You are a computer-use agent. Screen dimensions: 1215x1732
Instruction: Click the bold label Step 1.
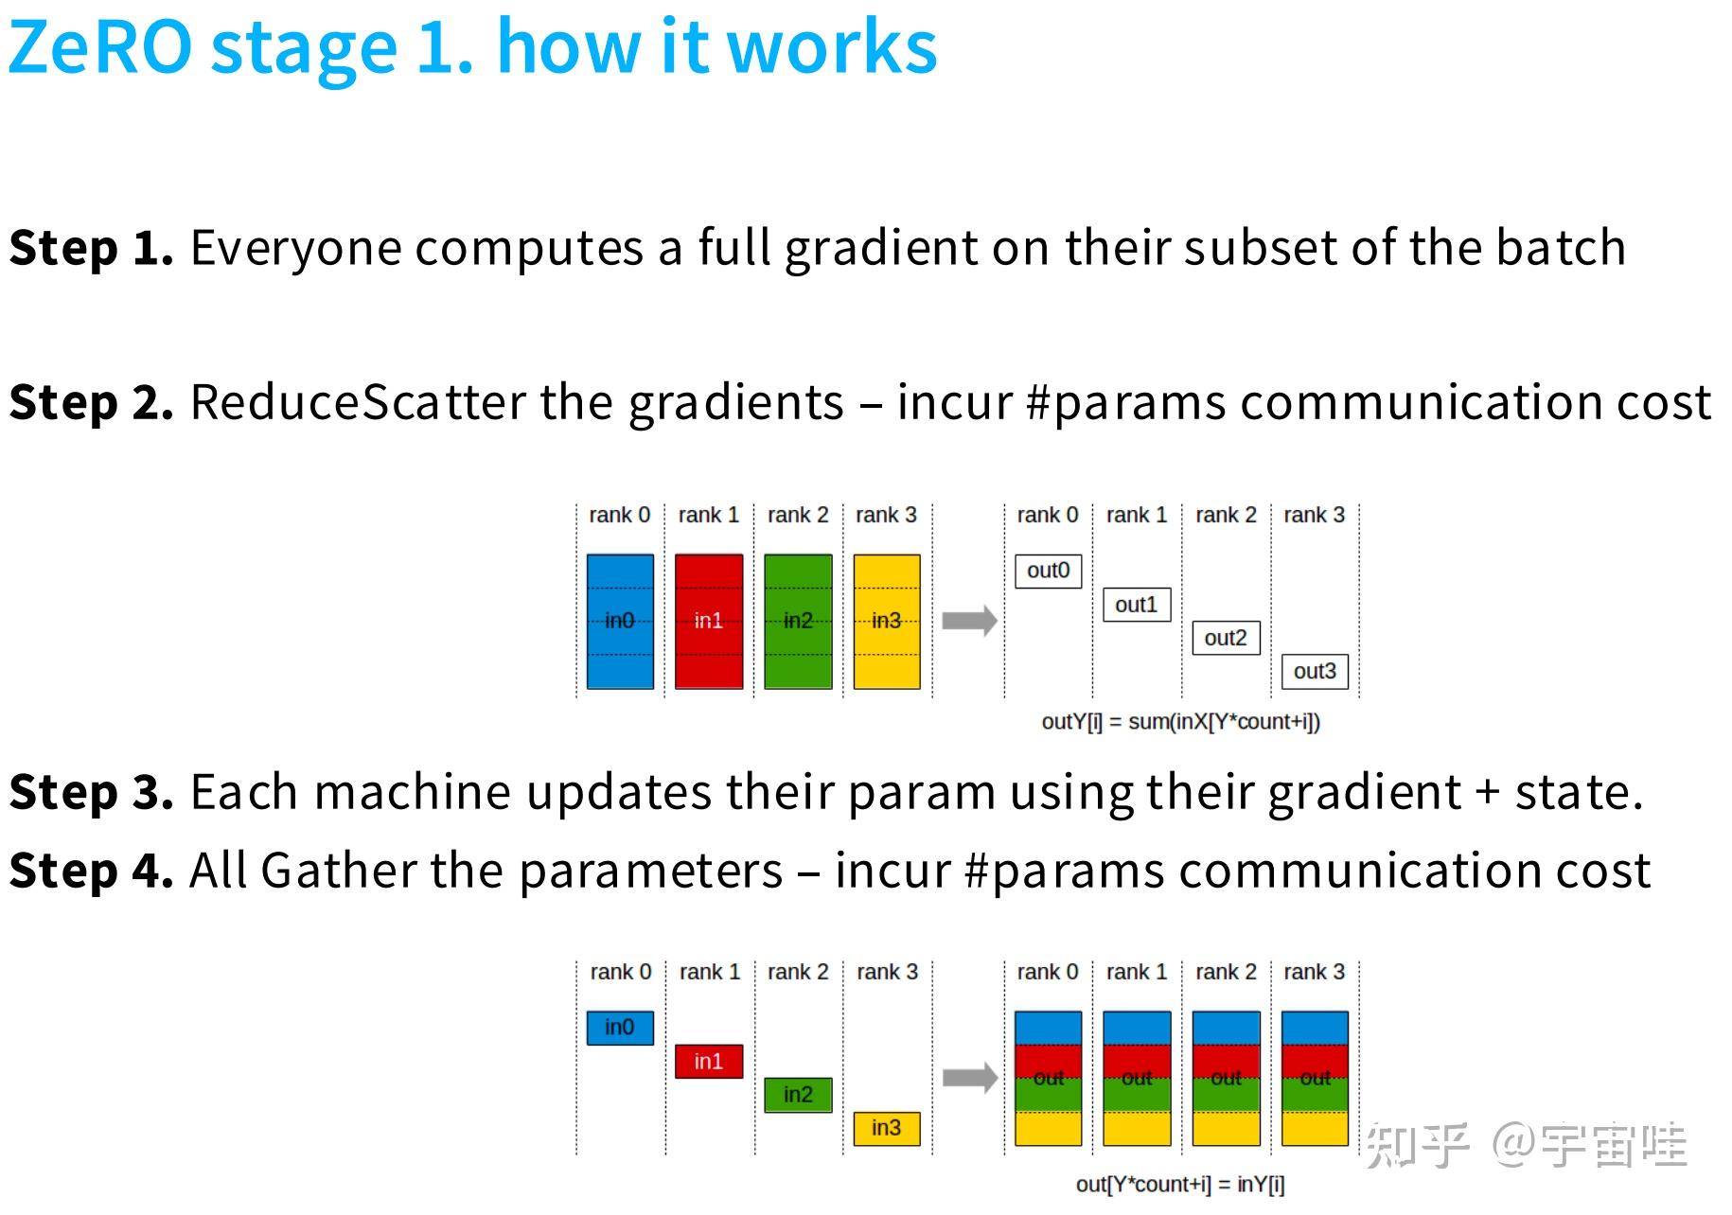point(91,248)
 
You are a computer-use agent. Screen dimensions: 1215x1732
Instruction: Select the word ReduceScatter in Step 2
point(357,402)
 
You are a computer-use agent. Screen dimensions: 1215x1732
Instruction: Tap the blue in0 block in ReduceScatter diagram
point(620,621)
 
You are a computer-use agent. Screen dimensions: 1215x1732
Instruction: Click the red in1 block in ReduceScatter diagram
point(709,621)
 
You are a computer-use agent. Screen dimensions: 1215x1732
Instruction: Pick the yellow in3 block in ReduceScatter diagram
point(887,621)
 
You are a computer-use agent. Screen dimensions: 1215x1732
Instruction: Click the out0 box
point(1049,571)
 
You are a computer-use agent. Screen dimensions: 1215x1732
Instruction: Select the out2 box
point(1226,638)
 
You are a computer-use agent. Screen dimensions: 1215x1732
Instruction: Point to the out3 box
point(1315,672)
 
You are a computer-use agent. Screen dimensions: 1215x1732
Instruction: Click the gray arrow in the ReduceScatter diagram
point(969,621)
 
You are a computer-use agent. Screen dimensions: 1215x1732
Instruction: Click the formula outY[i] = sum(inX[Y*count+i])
point(1180,722)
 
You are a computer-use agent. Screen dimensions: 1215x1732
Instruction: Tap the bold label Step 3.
point(91,792)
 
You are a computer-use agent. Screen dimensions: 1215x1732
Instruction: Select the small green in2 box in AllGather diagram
point(798,1095)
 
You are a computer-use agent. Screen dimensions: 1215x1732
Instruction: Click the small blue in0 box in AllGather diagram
point(620,1028)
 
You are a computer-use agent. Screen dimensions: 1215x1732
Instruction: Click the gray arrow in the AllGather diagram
point(969,1078)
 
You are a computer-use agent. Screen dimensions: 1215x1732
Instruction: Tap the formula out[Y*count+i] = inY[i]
point(1180,1185)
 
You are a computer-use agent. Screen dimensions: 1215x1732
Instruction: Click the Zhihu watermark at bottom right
point(1526,1145)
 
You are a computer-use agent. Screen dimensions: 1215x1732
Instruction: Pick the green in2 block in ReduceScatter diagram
point(798,621)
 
